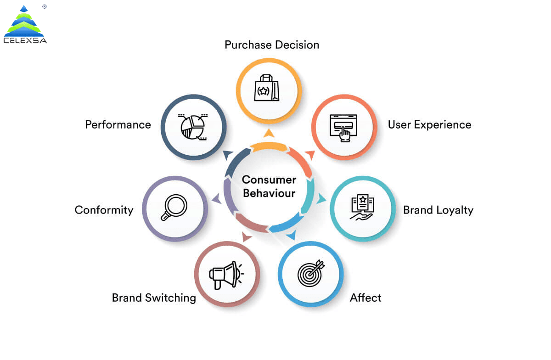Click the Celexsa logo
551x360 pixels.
[25, 25]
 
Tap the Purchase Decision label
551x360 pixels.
[272, 45]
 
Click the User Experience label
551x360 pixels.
[429, 124]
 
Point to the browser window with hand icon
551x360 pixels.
[343, 127]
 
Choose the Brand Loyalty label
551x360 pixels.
[438, 210]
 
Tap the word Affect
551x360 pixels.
[365, 298]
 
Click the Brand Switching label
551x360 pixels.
[154, 298]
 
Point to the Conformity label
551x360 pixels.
[104, 210]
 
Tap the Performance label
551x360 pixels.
[118, 124]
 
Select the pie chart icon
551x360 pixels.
[193, 127]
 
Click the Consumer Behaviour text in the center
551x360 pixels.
[269, 186]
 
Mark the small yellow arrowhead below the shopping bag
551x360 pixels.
[269, 133]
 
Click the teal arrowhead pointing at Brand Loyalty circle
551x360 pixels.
[322, 199]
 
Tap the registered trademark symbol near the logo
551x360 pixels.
[44, 7]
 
